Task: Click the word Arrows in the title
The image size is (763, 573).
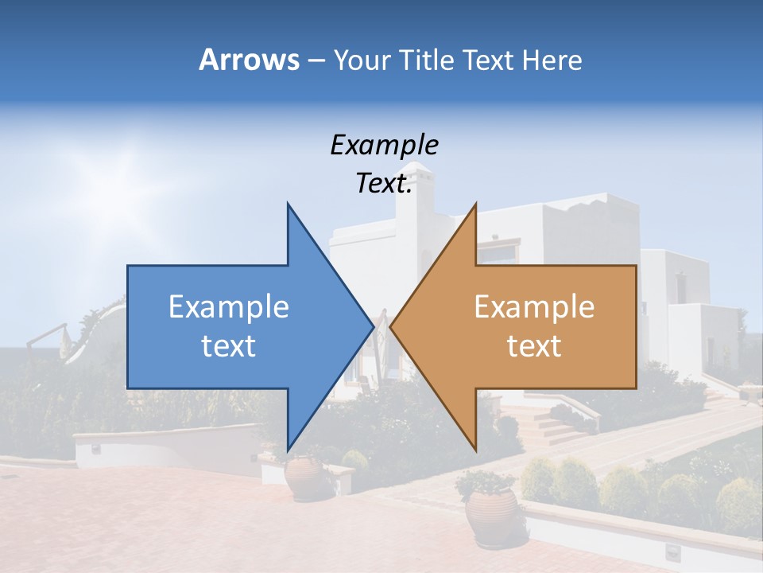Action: click(x=249, y=60)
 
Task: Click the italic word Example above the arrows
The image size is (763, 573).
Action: click(x=384, y=145)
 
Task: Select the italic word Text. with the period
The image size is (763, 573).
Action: click(x=384, y=183)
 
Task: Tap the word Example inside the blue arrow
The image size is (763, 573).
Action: click(x=229, y=306)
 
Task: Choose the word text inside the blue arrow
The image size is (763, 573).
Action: click(x=229, y=346)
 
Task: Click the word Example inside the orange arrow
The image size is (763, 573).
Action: click(x=534, y=306)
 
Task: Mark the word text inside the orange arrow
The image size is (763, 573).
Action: click(x=534, y=346)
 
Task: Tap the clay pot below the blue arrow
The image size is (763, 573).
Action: click(x=304, y=477)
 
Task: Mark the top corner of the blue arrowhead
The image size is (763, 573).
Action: click(x=288, y=205)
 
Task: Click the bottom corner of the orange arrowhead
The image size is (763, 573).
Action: click(x=475, y=450)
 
